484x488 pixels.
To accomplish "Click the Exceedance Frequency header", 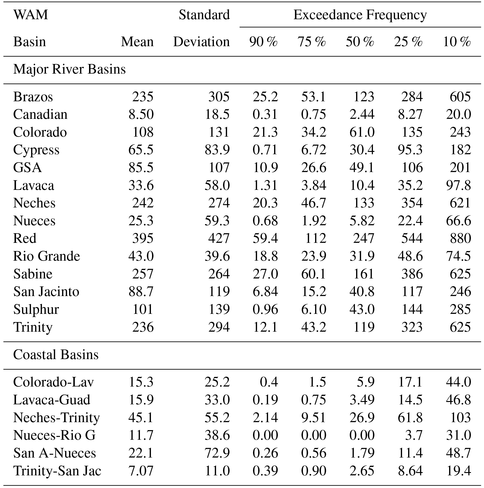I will click(x=360, y=15).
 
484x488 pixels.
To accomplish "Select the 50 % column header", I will click(x=360, y=42).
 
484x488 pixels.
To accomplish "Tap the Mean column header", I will click(x=137, y=42).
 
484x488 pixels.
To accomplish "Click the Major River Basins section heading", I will click(x=69, y=69).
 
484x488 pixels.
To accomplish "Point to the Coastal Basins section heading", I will click(x=56, y=355).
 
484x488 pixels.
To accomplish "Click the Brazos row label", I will click(x=33, y=97).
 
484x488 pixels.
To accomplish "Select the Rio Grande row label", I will click(x=47, y=256).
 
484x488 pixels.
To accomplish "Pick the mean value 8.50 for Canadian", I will click(x=141, y=114).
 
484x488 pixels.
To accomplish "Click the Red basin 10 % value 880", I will click(x=460, y=238).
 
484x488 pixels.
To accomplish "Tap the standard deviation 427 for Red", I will click(x=219, y=238).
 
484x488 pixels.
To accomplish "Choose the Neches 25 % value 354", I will click(x=412, y=203).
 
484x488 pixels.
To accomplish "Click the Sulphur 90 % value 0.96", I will click(x=265, y=309).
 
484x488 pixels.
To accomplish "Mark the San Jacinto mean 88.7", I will click(x=141, y=292).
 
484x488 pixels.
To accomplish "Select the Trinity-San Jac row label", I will click(x=57, y=471).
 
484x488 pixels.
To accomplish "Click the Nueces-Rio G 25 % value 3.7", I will click(x=413, y=435).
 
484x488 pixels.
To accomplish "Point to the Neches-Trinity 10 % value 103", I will click(x=460, y=417).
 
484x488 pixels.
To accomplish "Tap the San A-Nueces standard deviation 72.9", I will click(x=217, y=453).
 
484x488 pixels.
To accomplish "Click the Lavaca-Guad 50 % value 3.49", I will click(x=362, y=400).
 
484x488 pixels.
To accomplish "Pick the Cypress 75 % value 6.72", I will click(x=314, y=150).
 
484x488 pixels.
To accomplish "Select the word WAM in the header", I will click(x=30, y=15).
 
